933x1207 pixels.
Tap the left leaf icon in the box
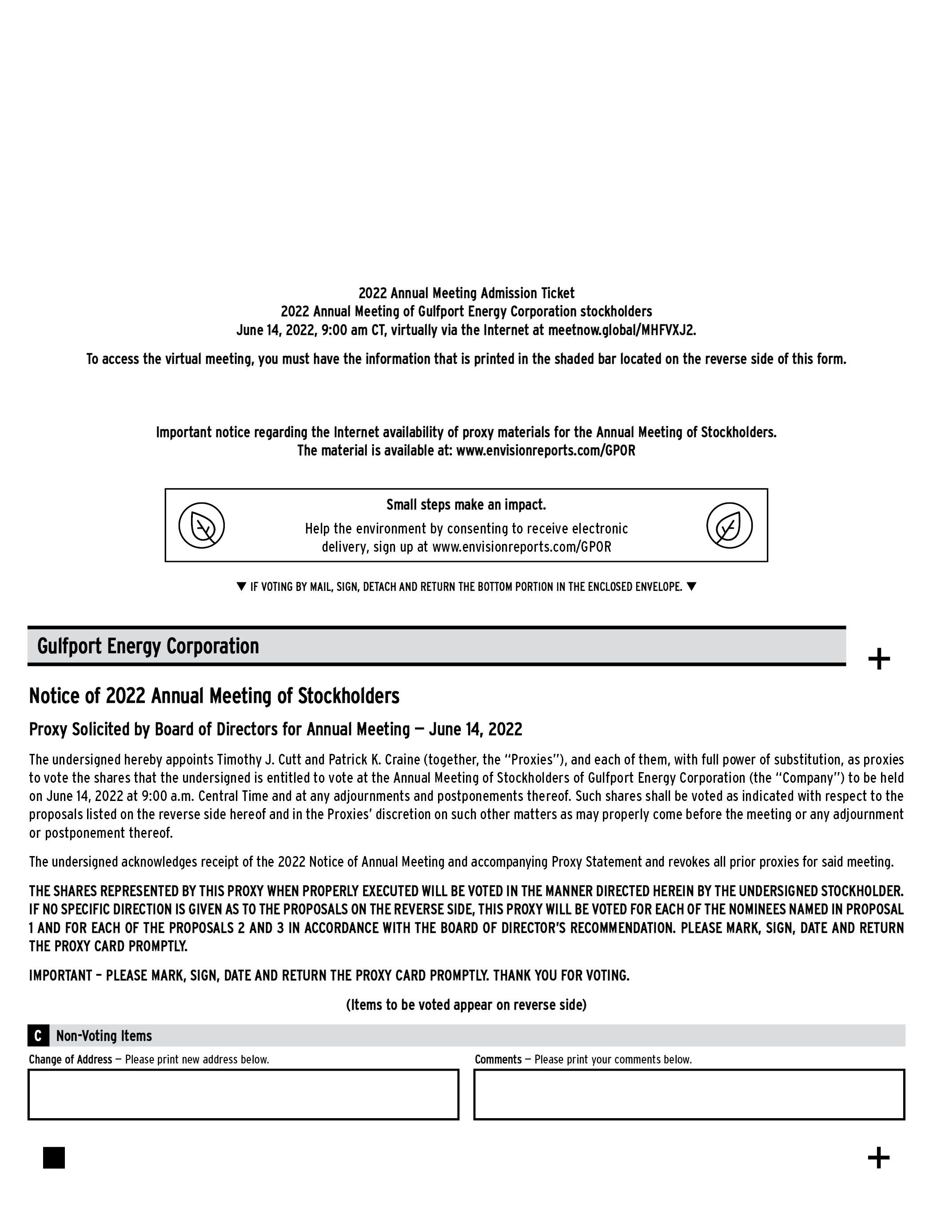(x=202, y=525)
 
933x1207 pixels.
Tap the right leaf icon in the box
(x=729, y=525)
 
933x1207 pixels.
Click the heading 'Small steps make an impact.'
(x=466, y=505)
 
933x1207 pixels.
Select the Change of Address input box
(x=243, y=1094)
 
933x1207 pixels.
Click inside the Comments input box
(x=689, y=1094)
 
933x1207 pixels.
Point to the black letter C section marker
(x=38, y=1036)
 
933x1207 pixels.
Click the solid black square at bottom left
(x=54, y=1158)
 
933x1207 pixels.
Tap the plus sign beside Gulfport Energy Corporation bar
(x=879, y=659)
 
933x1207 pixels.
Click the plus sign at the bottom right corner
(x=878, y=1158)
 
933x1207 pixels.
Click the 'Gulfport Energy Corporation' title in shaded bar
(x=148, y=646)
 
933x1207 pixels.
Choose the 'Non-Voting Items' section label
(x=104, y=1036)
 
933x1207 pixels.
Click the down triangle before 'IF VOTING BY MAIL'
(x=241, y=586)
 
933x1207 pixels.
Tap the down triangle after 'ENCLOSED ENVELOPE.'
(x=691, y=586)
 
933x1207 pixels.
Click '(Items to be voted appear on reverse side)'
(x=466, y=1004)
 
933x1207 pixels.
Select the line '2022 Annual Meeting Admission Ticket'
(x=466, y=293)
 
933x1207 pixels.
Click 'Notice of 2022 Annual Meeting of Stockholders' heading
(x=214, y=696)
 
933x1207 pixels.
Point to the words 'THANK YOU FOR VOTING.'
(x=561, y=976)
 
